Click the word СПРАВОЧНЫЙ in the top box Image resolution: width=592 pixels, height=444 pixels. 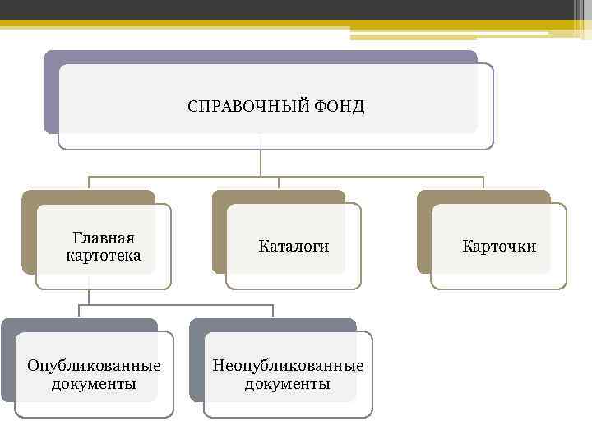click(x=247, y=107)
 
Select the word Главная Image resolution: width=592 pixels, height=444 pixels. click(x=104, y=238)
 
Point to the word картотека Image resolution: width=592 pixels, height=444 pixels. click(x=104, y=256)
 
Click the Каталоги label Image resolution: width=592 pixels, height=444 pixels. click(x=294, y=246)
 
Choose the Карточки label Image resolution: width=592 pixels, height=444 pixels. click(x=499, y=246)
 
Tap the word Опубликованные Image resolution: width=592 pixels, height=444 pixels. click(x=94, y=365)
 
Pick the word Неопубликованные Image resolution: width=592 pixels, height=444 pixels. click(x=288, y=365)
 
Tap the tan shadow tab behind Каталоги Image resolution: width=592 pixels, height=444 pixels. click(x=220, y=238)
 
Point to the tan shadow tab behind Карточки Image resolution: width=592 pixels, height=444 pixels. click(x=424, y=238)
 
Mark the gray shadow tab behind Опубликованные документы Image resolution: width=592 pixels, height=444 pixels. click(x=7, y=362)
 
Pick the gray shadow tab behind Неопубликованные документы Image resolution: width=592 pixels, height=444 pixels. click(x=197, y=362)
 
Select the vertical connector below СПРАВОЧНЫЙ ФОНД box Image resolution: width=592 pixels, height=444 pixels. click(x=261, y=163)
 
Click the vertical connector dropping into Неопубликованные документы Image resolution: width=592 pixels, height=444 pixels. click(x=273, y=312)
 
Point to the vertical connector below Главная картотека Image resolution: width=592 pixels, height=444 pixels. click(x=89, y=296)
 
